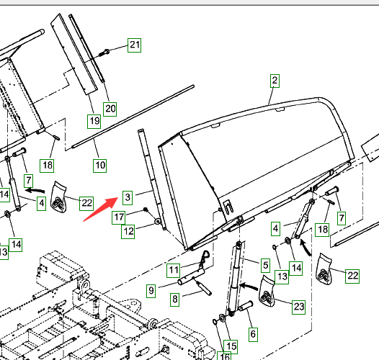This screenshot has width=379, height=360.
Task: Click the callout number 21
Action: point(135,45)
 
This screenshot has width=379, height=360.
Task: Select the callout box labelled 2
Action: point(275,81)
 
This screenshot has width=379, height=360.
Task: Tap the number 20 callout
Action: point(110,109)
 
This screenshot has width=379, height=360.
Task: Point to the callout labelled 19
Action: point(94,121)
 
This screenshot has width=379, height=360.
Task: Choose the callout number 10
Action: point(100,166)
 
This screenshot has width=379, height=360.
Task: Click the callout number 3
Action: point(128,197)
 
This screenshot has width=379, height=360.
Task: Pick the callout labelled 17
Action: point(118,217)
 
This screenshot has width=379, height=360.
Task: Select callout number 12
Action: point(128,232)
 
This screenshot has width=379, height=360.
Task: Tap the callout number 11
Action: point(174,271)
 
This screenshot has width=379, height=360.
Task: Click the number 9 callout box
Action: point(151,291)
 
